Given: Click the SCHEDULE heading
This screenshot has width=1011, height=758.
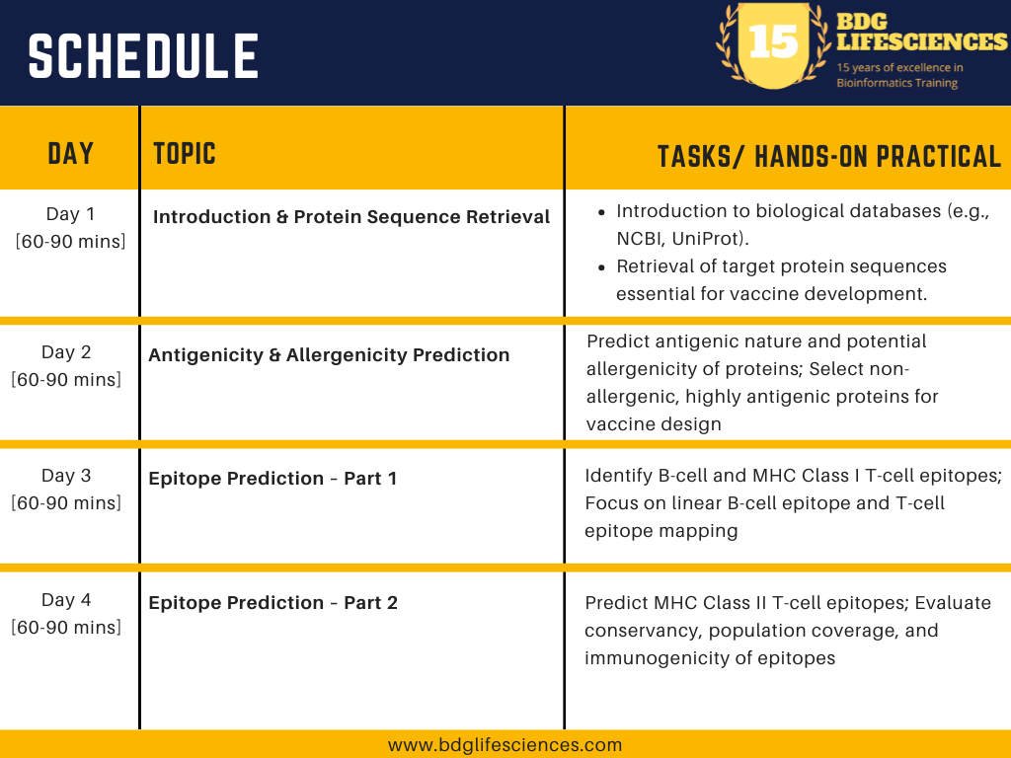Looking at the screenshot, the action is click(143, 56).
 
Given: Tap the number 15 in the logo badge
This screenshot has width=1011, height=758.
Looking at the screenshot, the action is click(774, 41).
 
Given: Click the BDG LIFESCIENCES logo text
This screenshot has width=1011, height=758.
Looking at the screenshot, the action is click(921, 32).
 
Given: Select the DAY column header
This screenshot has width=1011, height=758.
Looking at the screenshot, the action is click(70, 154).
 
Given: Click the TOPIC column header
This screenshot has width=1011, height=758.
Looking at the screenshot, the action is click(185, 154).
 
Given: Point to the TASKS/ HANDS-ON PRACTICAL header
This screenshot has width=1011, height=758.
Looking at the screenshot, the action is click(829, 157).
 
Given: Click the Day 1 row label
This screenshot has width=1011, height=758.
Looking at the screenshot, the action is click(70, 228).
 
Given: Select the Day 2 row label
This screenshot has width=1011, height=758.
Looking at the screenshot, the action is click(66, 365).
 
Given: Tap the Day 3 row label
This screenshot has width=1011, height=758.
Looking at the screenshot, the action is click(66, 489).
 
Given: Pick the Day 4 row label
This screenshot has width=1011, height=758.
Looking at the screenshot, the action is click(66, 613).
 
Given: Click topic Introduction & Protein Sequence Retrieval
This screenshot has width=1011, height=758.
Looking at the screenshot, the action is click(351, 216).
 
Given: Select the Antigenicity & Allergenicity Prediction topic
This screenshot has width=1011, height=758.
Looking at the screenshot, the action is click(329, 355).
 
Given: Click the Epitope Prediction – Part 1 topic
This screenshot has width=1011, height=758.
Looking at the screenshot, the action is click(272, 479).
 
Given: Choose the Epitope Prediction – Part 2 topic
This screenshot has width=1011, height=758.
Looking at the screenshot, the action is click(272, 603).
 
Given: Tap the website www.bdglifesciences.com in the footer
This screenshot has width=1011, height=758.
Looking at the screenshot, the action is click(505, 745).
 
